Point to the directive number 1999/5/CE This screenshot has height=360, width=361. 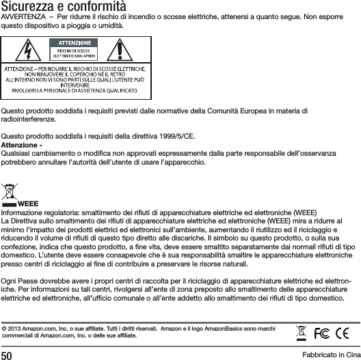(x=179, y=135)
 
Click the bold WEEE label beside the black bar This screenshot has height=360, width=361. (x=28, y=204)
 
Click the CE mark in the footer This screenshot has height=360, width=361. (x=344, y=335)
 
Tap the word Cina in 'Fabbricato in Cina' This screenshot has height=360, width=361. (x=349, y=354)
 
